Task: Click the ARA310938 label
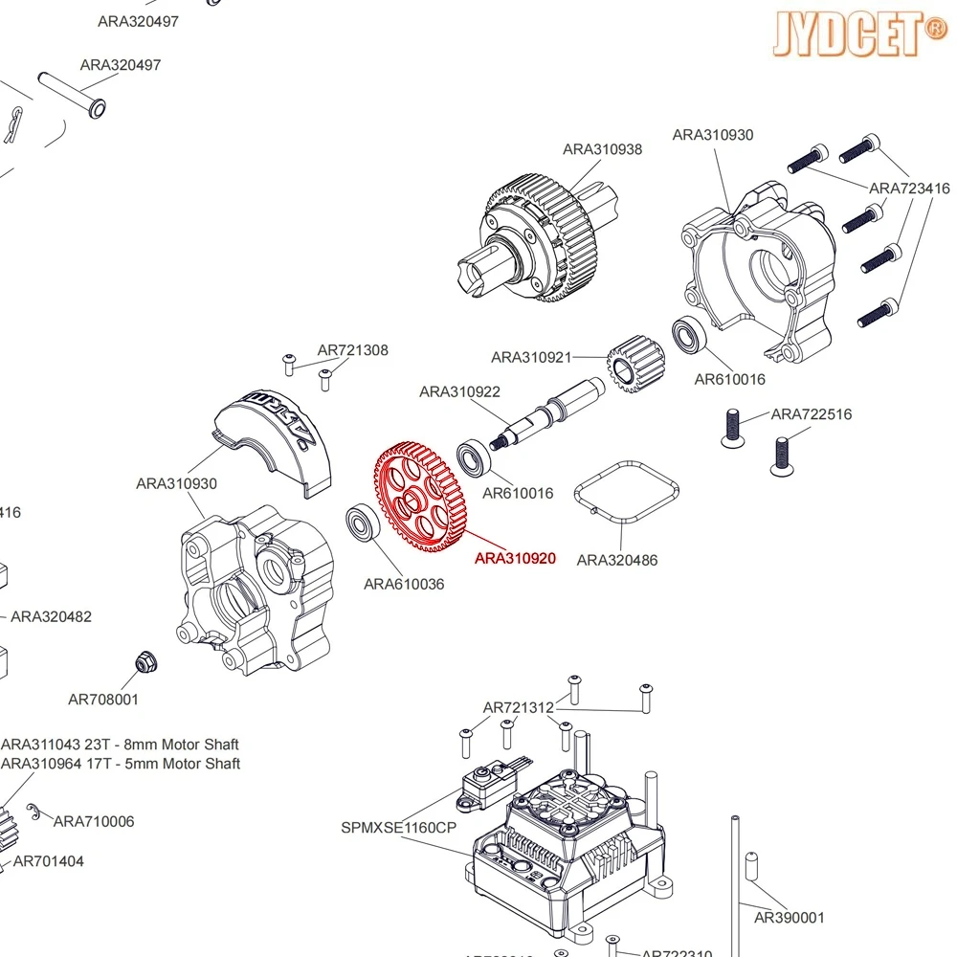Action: (x=602, y=149)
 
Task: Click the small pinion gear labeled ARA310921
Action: (x=629, y=367)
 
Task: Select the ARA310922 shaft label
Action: (x=459, y=391)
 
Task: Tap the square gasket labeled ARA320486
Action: (x=626, y=494)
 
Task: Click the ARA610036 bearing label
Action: (x=403, y=584)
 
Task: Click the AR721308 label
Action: (x=353, y=350)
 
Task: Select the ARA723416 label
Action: (x=909, y=189)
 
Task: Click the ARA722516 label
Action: (x=811, y=414)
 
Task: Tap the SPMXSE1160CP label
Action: (x=399, y=828)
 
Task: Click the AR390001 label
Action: (x=789, y=918)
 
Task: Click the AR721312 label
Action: (x=518, y=708)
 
